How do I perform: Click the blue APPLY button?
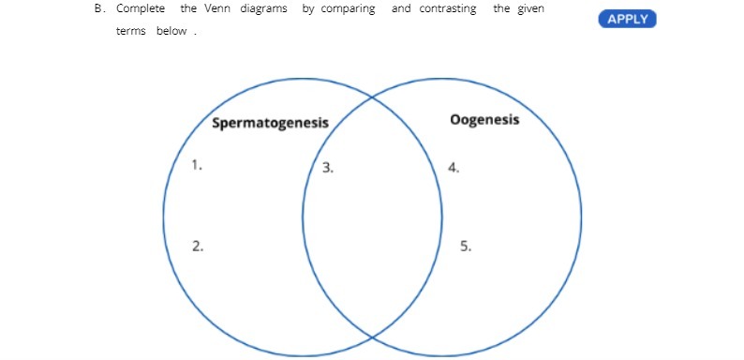click(x=627, y=19)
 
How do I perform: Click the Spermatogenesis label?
click(x=270, y=123)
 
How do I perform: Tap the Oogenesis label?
click(x=484, y=121)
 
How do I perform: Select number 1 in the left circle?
click(x=197, y=164)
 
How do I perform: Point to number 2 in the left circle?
click(x=198, y=246)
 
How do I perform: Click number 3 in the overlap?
click(x=328, y=169)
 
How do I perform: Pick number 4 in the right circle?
click(x=454, y=168)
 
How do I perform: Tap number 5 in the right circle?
click(x=466, y=247)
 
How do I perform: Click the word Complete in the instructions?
click(x=141, y=9)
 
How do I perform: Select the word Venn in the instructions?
click(x=217, y=9)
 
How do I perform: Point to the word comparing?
click(x=350, y=9)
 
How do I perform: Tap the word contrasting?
click(x=447, y=9)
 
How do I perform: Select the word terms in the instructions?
click(x=128, y=31)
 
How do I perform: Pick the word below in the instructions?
click(x=177, y=31)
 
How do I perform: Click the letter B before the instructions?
click(x=98, y=9)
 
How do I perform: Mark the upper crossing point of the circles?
click(x=372, y=97)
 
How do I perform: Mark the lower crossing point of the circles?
click(x=372, y=336)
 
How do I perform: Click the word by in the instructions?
click(x=308, y=9)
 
